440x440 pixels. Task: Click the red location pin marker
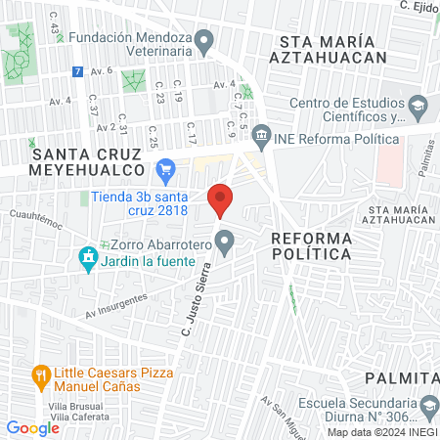click(x=221, y=198)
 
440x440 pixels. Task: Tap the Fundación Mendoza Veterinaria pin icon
click(x=204, y=41)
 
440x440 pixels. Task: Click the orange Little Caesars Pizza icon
click(x=40, y=374)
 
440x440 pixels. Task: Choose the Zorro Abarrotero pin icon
click(x=225, y=239)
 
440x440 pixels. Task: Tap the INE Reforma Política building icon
click(x=261, y=133)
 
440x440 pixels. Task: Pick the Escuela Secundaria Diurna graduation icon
click(x=428, y=403)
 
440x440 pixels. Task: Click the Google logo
click(x=32, y=427)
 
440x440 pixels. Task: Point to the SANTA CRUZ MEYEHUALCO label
click(x=93, y=162)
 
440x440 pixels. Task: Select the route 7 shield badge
click(x=77, y=72)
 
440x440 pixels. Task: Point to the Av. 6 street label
click(x=102, y=70)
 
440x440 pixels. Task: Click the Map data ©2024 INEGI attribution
click(x=381, y=431)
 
